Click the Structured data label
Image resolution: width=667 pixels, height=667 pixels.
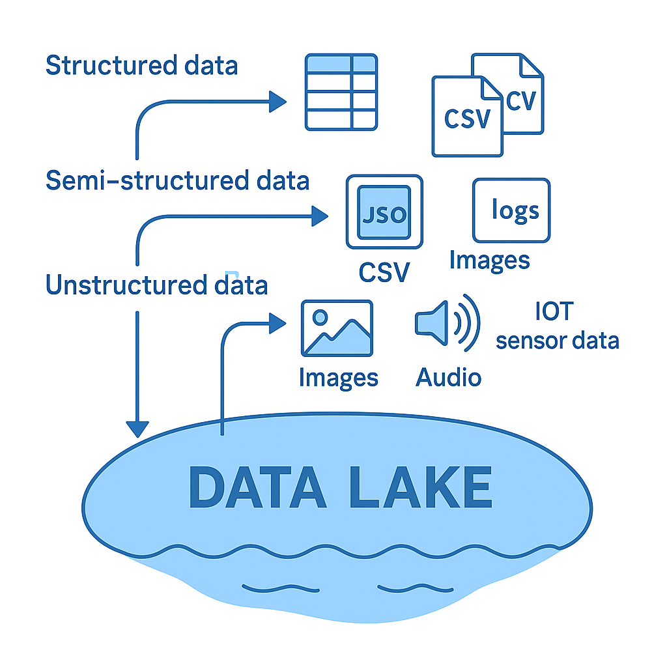point(141,66)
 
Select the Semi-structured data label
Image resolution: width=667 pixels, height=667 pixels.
point(177,180)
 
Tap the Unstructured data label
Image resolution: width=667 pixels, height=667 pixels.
point(156,285)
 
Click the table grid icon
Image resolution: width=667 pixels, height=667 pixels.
point(341,92)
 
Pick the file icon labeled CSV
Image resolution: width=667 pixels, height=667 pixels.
point(467,117)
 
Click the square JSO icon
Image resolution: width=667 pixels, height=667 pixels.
point(384,212)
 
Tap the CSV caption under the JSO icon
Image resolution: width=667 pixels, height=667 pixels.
point(384,272)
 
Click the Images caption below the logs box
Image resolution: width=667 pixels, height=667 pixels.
point(489,260)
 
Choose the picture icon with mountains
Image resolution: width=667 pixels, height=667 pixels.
point(337,328)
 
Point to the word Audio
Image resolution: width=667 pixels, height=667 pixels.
point(448,377)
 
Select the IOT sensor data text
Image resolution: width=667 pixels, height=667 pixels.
point(557,326)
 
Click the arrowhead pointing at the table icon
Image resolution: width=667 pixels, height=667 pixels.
point(278,102)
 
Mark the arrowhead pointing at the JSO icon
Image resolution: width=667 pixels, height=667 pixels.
point(320,216)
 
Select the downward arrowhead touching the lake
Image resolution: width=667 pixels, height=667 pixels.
point(137,429)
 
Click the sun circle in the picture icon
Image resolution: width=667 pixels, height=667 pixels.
point(320,317)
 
